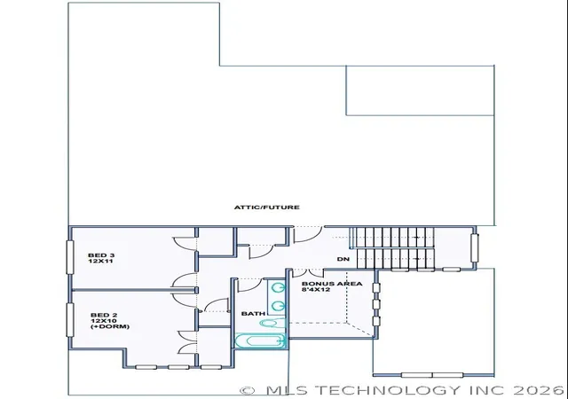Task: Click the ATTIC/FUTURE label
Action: [267, 207]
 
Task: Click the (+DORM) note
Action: [110, 326]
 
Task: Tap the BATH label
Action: [253, 314]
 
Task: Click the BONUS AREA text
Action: [332, 284]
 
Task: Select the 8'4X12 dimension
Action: [316, 289]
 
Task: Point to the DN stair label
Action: [343, 259]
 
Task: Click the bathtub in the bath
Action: [260, 340]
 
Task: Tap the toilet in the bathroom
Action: [272, 323]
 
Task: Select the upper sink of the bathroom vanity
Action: [279, 288]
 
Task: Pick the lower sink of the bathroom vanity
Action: [279, 306]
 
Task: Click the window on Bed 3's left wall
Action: [69, 257]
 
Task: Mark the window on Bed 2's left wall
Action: [69, 320]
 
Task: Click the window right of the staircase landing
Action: [474, 248]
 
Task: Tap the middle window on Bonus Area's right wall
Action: [376, 304]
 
